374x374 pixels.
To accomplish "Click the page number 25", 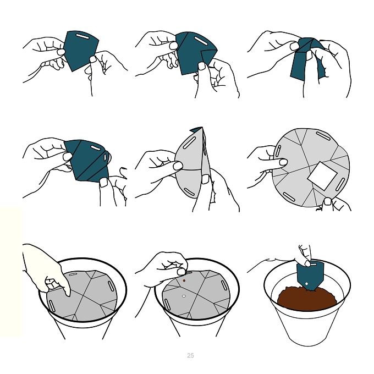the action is pos(190,355).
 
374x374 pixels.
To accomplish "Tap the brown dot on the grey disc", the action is pos(184,280).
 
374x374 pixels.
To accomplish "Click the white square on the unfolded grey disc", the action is pos(322,176).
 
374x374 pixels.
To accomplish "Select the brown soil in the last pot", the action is pos(307,299).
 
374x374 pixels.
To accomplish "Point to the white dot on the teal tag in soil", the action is pos(307,284).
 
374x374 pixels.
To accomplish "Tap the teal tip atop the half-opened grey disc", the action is pos(197,129).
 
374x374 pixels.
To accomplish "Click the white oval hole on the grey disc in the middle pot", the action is pos(184,296).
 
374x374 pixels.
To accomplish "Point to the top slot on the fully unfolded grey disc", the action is pos(323,136).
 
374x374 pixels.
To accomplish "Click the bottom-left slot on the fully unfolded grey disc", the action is pos(289,197).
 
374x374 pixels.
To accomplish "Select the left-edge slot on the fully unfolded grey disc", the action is pos(278,151).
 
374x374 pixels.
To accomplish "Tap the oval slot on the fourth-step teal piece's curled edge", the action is pos(105,157).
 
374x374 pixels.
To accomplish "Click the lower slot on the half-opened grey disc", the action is pos(189,192).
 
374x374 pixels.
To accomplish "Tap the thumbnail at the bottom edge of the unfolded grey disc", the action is pos(328,201).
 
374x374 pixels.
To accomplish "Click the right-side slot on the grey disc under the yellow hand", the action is pos(111,286).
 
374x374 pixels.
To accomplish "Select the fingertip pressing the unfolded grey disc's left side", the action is pos(283,162).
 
